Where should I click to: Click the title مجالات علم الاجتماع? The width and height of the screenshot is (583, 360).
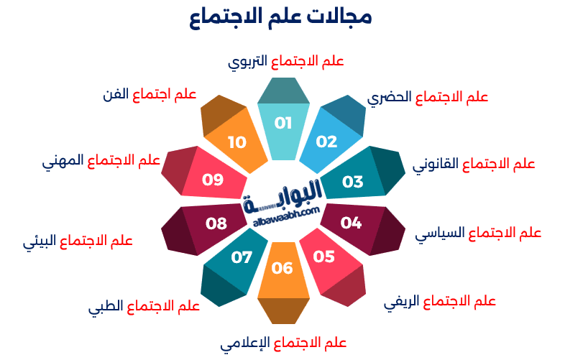click(280, 17)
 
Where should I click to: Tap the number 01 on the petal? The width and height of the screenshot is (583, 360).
click(283, 123)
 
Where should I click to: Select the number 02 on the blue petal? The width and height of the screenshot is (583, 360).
click(326, 142)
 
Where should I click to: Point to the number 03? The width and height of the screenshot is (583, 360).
click(352, 182)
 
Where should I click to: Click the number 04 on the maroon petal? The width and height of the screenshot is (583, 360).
click(351, 223)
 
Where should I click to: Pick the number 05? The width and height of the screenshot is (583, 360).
click(323, 257)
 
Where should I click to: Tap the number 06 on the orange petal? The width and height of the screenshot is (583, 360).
click(283, 268)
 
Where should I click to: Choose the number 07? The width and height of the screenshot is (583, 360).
click(242, 257)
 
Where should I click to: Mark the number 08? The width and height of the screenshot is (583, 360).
click(216, 223)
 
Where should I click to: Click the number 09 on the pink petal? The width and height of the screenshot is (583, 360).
click(213, 180)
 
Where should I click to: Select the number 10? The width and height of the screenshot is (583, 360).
click(237, 142)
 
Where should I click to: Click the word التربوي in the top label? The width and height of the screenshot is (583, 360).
click(247, 62)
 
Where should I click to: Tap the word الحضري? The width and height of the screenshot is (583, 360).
click(390, 98)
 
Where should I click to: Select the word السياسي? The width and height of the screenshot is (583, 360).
click(440, 234)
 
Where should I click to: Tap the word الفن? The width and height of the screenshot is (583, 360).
click(116, 94)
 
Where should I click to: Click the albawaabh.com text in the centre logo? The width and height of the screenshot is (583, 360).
click(286, 217)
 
